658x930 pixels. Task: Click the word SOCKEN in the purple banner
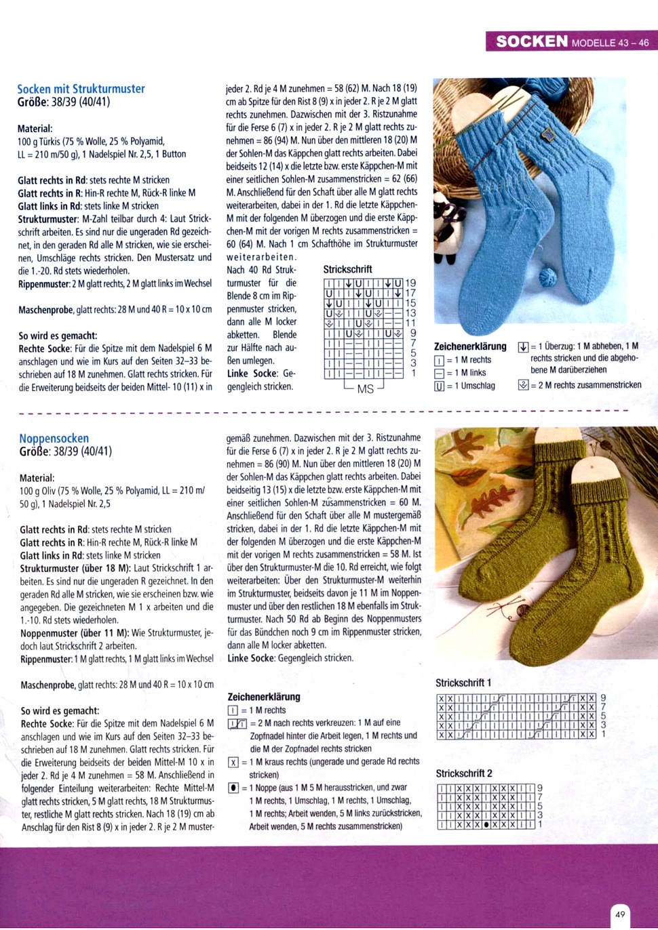(532, 41)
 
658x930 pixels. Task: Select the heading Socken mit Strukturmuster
(81, 89)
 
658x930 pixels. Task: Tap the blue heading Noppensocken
(54, 439)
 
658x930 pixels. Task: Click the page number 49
(620, 914)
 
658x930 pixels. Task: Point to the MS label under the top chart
(365, 389)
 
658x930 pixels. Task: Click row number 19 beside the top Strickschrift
(410, 283)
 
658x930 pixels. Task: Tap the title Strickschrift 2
(464, 773)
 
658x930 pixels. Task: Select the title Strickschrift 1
(463, 683)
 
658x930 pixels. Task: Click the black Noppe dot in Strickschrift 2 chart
(486, 825)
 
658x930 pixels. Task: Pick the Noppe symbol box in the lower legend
(233, 788)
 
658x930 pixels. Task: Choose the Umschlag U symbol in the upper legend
(439, 386)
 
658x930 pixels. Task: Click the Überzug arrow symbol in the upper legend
(523, 347)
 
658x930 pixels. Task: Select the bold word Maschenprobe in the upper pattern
(45, 310)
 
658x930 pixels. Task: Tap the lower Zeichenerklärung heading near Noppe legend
(263, 697)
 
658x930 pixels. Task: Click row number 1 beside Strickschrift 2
(540, 825)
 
